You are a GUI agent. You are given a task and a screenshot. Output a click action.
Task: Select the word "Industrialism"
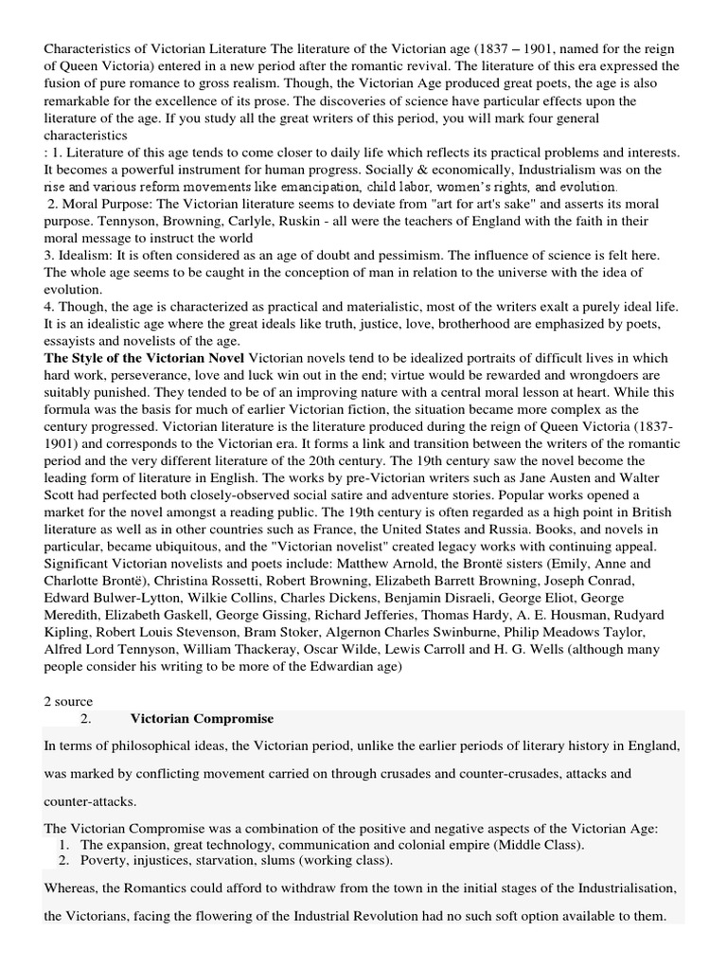coord(550,169)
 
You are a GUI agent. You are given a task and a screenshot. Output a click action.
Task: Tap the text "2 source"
coord(69,701)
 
